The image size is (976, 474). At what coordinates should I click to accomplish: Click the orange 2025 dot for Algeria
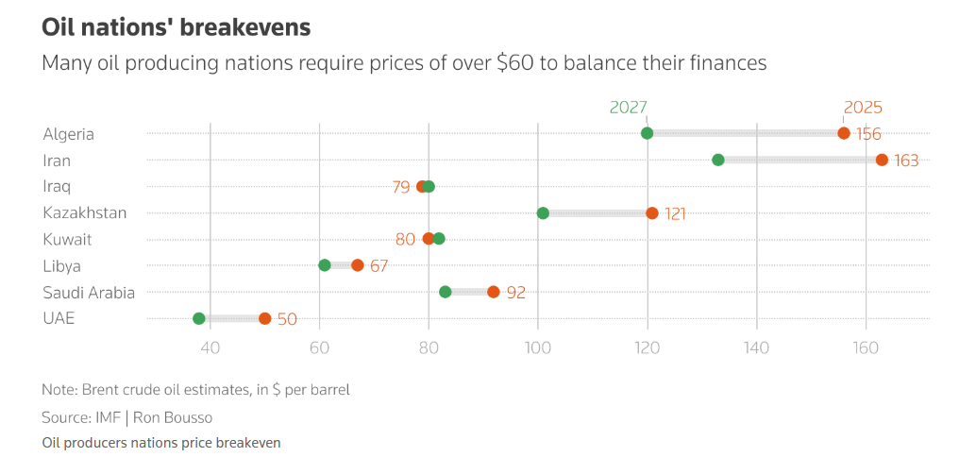pos(844,133)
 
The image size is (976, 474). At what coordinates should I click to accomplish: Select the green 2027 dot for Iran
pos(718,160)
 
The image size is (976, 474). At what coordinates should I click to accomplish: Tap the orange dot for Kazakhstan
pos(652,213)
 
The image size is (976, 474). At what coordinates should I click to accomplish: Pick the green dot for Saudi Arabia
pos(446,292)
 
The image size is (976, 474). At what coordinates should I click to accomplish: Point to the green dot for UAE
pos(199,318)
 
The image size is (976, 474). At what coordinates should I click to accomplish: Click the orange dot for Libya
pos(358,265)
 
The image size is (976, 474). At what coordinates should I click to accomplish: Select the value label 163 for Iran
pos(906,161)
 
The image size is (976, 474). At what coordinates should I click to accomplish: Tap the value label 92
pos(515,293)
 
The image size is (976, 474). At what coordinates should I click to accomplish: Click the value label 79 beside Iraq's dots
pos(401,187)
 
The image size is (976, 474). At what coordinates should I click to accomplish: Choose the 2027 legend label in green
pos(629,108)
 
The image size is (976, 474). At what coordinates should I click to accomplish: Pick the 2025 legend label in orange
pos(863,108)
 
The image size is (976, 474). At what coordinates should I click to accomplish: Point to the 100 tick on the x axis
pos(538,347)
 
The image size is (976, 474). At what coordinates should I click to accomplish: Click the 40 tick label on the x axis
pos(210,347)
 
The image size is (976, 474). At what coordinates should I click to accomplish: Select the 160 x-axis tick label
pos(866,347)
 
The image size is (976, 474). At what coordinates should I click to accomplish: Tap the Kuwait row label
pos(68,240)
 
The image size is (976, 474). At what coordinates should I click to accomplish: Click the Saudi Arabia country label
pos(89,293)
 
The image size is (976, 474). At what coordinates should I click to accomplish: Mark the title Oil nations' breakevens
pos(177,28)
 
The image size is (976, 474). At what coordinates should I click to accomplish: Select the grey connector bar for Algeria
pos(746,133)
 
